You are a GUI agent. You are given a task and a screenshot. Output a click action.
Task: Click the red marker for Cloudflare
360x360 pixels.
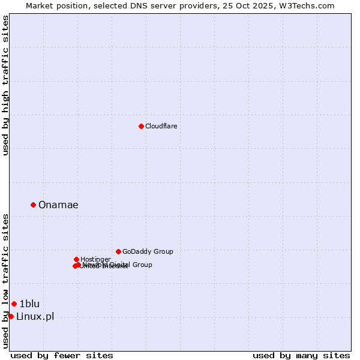tap(141, 126)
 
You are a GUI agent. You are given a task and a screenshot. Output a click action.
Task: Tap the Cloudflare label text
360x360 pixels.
tap(161, 126)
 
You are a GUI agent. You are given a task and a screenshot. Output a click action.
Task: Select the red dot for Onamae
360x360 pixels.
tap(33, 205)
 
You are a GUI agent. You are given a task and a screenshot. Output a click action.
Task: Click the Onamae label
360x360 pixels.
tap(58, 205)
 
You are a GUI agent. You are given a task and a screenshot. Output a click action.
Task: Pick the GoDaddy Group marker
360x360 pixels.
tap(118, 251)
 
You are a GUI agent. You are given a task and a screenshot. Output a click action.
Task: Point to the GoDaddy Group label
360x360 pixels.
tap(148, 252)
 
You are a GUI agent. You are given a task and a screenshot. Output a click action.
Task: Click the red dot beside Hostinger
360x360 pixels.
tap(76, 259)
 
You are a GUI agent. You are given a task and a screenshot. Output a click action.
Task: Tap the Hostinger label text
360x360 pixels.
tap(95, 259)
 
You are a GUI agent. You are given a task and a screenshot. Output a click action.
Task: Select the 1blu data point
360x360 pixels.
tap(14, 304)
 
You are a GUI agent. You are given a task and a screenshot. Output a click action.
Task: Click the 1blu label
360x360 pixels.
tap(29, 304)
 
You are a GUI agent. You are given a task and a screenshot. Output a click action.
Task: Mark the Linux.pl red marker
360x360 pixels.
tap(11, 316)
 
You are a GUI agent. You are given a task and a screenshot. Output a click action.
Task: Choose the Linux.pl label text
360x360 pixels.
tap(35, 317)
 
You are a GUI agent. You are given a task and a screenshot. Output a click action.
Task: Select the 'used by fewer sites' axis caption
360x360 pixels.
tap(62, 355)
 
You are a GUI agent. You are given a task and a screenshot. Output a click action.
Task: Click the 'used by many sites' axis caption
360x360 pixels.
tap(301, 355)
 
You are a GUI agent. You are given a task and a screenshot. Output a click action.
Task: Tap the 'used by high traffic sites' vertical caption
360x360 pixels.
tap(5, 85)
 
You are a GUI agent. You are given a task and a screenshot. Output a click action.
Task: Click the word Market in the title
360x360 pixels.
tap(40, 5)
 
